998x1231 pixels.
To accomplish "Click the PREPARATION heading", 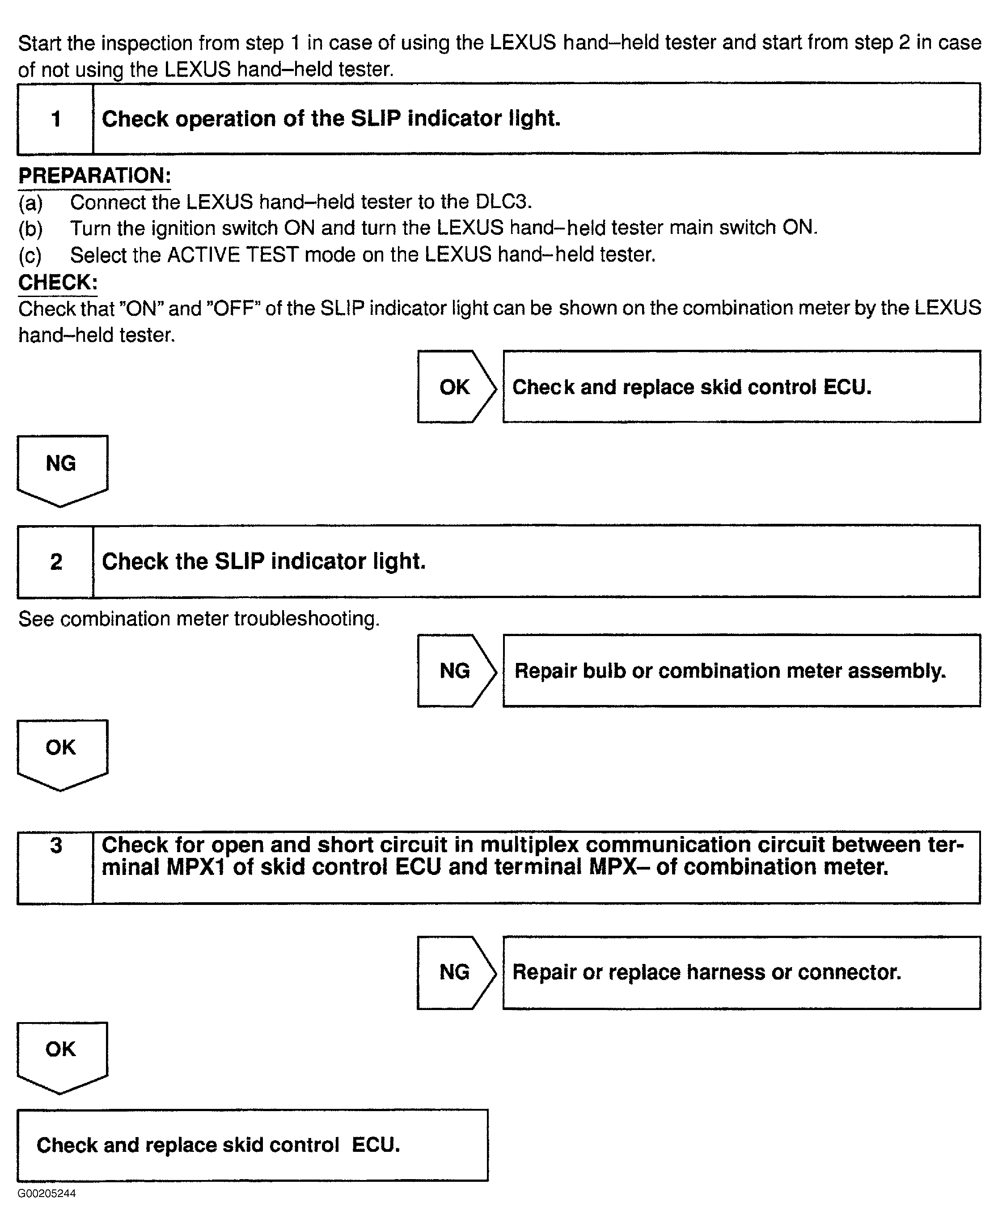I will point(94,175).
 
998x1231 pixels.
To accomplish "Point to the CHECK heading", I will point(58,282).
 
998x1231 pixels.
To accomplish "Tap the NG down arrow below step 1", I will point(62,469).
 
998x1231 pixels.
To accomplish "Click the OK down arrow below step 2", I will point(62,753).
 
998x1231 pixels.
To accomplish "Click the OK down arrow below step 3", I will point(62,1055).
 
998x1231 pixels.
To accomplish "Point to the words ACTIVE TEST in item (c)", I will point(232,255).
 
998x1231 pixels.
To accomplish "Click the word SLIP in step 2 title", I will point(239,561).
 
